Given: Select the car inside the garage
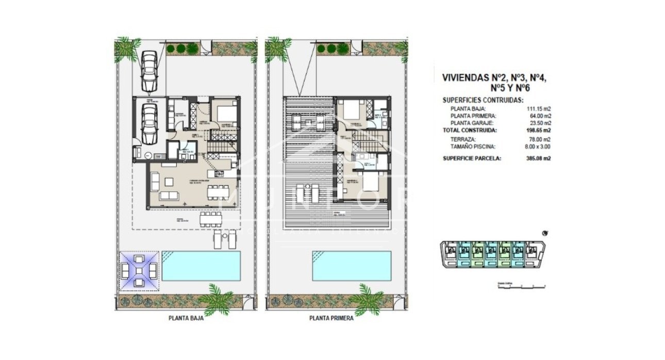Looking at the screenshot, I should (149, 124).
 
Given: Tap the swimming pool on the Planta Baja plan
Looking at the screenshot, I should (201, 266).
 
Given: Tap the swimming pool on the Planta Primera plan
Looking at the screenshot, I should (351, 266).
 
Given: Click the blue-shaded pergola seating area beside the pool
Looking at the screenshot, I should (139, 270).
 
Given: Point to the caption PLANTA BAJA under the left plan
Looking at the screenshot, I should (186, 319).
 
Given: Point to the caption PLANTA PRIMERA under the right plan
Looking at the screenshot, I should (331, 319).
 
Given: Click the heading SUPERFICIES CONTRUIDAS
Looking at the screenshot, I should (483, 101).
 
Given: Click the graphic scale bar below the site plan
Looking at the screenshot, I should (521, 285).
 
